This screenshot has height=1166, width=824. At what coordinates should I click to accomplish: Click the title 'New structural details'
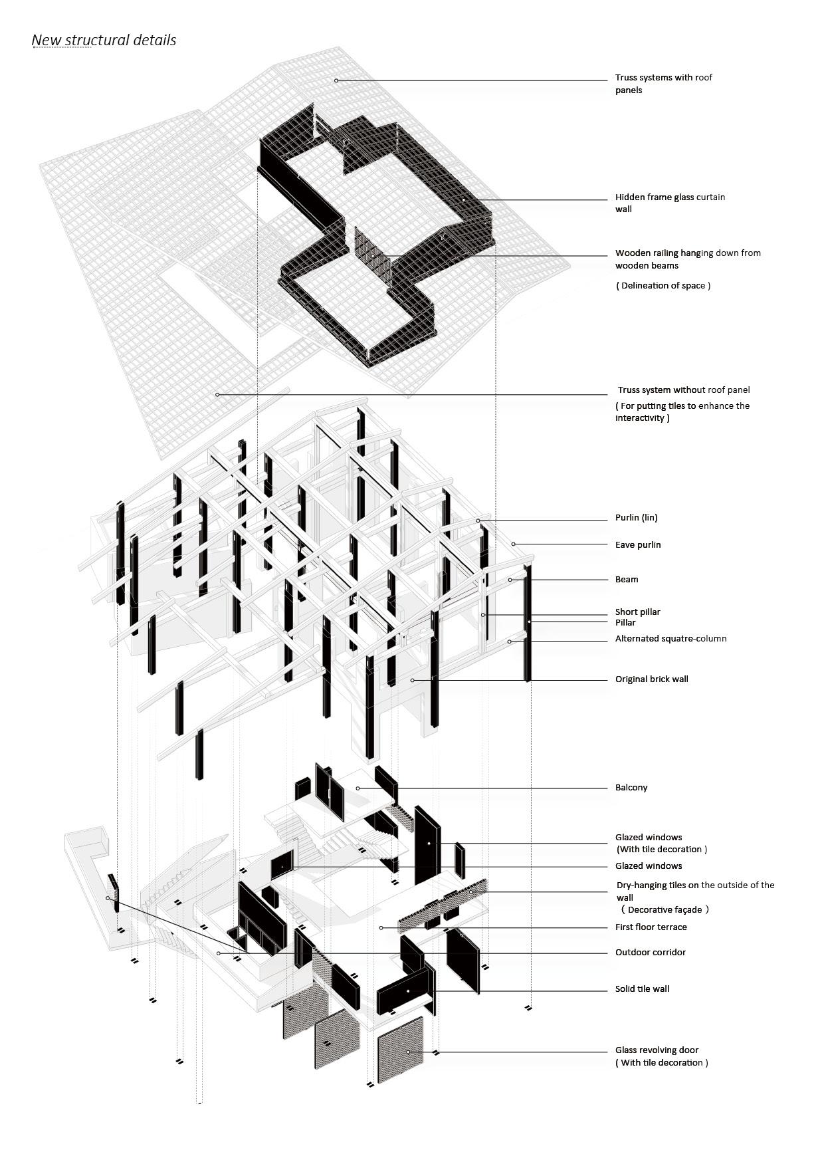104,41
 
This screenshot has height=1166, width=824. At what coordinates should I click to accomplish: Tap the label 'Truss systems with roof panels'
663,84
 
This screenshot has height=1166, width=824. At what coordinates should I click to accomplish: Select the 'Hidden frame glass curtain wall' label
670,203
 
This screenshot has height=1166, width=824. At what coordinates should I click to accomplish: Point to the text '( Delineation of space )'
663,286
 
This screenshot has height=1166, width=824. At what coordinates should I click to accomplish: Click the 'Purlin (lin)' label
636,518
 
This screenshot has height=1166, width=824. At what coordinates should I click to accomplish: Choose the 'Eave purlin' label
637,545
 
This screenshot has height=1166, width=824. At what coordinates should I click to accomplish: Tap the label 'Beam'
626,580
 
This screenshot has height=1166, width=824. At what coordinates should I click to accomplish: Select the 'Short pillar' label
637,612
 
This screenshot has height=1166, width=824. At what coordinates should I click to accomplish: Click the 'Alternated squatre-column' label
670,639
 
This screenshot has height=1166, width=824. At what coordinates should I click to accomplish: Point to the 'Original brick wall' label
651,679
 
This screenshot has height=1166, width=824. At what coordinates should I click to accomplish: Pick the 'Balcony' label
631,788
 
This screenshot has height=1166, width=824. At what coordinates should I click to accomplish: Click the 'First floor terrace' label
651,927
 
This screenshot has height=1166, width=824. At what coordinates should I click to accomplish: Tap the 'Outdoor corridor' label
650,953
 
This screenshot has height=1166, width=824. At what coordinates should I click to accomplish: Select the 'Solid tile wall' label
642,989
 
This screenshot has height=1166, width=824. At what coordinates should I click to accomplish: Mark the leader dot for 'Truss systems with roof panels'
336,80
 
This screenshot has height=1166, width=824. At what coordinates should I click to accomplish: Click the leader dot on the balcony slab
358,788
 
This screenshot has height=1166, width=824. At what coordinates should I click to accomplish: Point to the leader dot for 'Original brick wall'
413,680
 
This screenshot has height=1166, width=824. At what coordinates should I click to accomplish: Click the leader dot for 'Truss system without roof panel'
217,395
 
